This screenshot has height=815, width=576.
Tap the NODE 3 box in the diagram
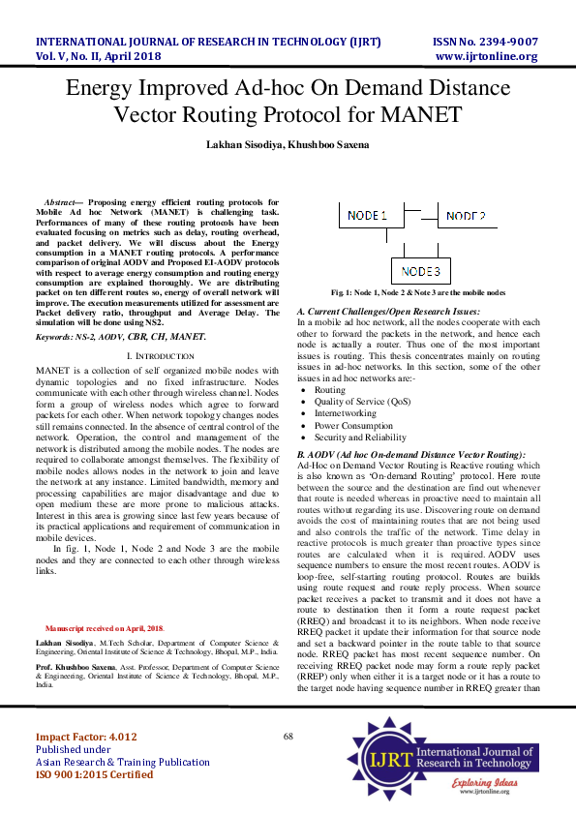pos(420,270)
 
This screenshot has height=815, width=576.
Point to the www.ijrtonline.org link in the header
pos(486,56)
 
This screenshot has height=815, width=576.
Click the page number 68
pos(288,737)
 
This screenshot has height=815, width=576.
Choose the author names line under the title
pos(288,143)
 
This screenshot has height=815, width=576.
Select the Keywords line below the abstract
pos(121,336)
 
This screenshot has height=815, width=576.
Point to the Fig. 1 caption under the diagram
pos(418,291)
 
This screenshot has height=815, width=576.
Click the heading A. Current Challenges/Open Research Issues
pos(387,310)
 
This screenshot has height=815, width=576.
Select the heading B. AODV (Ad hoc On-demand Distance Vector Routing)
pos(410,454)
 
